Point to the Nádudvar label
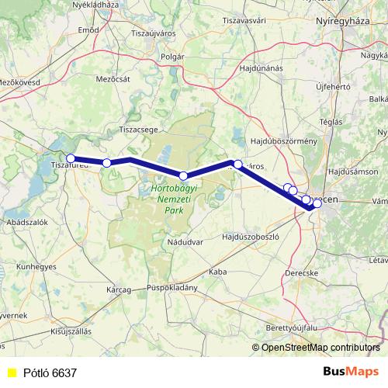[184, 242]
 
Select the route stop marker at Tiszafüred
[71, 158]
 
